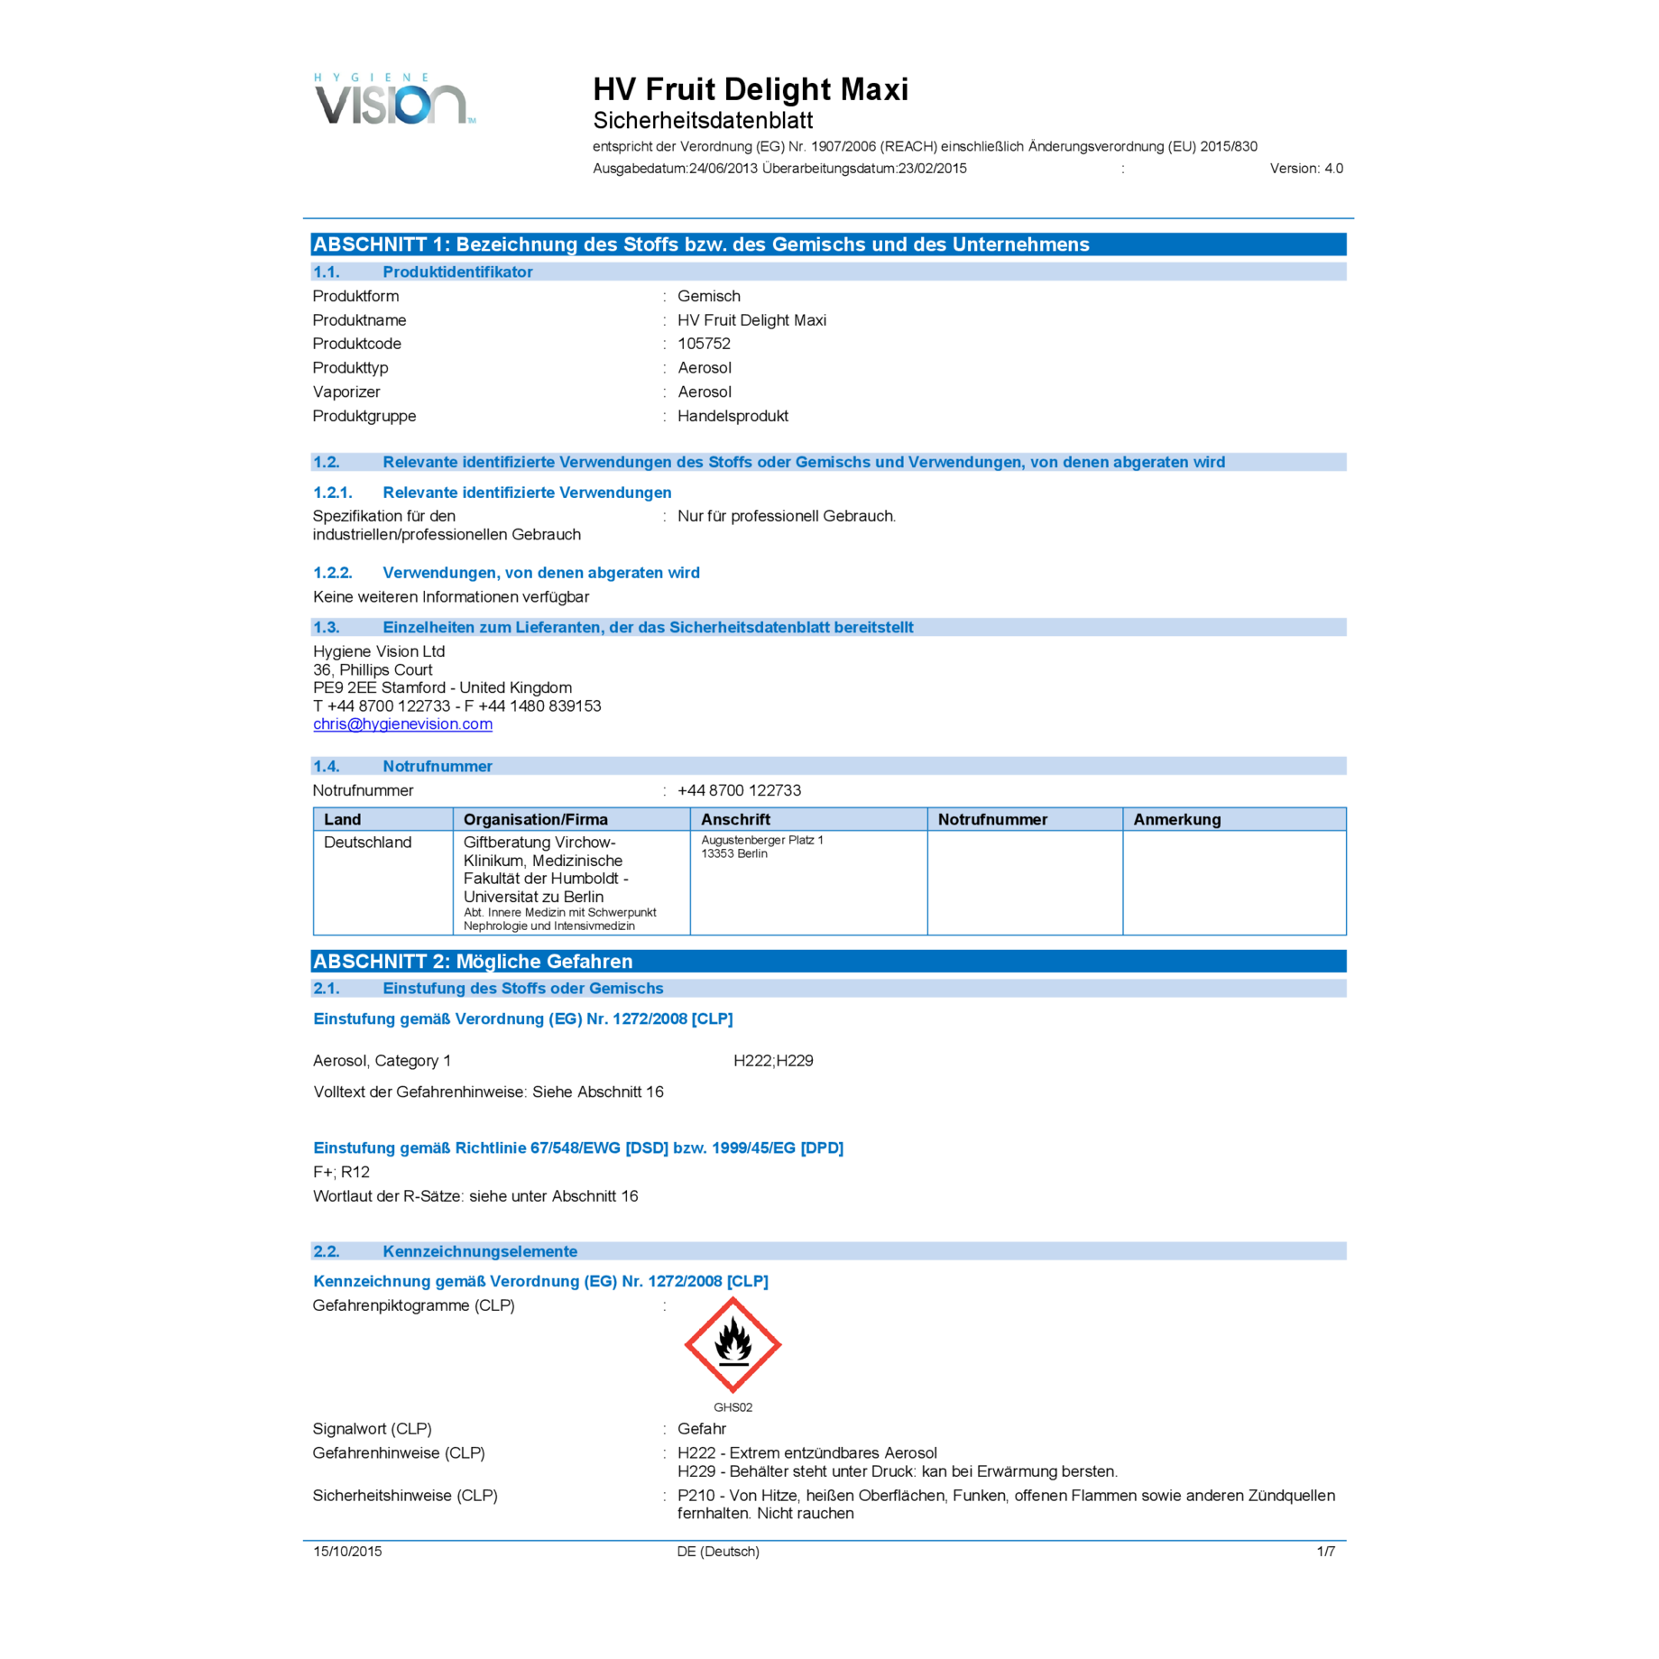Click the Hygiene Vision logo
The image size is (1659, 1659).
tap(394, 98)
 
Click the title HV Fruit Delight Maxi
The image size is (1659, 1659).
tap(751, 89)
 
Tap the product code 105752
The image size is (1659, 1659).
tap(704, 344)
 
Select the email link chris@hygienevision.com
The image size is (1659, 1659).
tap(402, 724)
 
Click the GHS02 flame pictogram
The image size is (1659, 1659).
tap(733, 1344)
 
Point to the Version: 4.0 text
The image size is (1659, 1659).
tap(1306, 169)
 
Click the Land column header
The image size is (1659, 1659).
tap(342, 819)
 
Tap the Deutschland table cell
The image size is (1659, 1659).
tap(367, 842)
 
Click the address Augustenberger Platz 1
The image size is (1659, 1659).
tap(761, 840)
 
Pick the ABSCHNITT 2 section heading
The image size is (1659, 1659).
tap(473, 961)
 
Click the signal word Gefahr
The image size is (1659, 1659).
tap(702, 1428)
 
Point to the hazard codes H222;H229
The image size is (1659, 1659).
tap(773, 1061)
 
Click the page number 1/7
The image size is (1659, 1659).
tap(1325, 1551)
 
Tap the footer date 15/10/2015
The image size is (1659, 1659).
tap(347, 1551)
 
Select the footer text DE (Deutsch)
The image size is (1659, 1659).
tap(718, 1551)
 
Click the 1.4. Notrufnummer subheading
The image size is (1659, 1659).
tap(402, 766)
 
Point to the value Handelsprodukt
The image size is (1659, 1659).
tap(733, 416)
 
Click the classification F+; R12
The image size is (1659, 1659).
tap(341, 1172)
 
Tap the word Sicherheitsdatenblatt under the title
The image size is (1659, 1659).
tap(703, 120)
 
